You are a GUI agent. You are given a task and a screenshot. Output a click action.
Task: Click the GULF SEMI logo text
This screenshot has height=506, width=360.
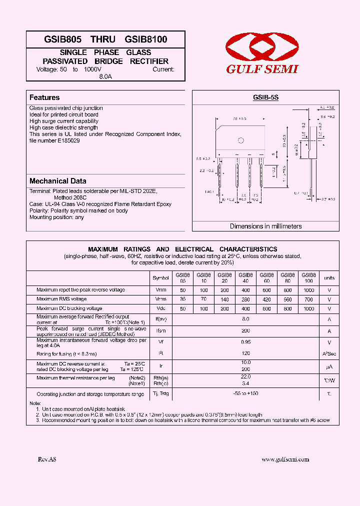[262, 69]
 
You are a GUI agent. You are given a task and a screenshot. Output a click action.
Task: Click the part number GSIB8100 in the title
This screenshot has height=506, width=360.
[146, 39]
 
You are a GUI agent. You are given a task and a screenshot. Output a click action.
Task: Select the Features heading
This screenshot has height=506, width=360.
[44, 97]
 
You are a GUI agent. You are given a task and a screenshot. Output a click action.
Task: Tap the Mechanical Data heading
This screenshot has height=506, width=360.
[57, 181]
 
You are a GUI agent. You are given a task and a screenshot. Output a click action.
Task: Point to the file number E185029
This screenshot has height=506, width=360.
[54, 140]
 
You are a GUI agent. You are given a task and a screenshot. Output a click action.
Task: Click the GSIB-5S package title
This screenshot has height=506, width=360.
[265, 98]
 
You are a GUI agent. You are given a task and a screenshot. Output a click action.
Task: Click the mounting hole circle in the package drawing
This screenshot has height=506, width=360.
[240, 140]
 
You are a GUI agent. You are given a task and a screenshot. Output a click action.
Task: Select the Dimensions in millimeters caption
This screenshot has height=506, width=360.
[265, 226]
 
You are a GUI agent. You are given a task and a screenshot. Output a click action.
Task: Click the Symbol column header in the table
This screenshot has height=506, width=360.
[160, 277]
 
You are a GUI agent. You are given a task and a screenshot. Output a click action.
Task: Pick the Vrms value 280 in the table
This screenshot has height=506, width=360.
[245, 299]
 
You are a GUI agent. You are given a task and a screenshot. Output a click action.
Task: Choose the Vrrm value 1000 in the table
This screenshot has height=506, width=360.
[308, 290]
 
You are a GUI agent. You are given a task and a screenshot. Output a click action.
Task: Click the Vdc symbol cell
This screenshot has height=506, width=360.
[160, 308]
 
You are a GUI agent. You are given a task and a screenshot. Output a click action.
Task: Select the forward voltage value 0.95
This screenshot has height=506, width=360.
[245, 343]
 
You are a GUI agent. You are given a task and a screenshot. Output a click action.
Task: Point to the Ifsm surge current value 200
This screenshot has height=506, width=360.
[245, 330]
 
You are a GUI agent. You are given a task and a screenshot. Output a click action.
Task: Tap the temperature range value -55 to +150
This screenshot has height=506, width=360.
[245, 393]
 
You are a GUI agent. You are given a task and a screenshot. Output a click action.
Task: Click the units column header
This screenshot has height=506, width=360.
[329, 277]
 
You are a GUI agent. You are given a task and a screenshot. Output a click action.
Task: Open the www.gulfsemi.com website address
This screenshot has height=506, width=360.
[285, 459]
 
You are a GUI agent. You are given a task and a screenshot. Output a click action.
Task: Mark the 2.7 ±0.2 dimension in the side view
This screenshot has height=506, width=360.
[327, 199]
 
